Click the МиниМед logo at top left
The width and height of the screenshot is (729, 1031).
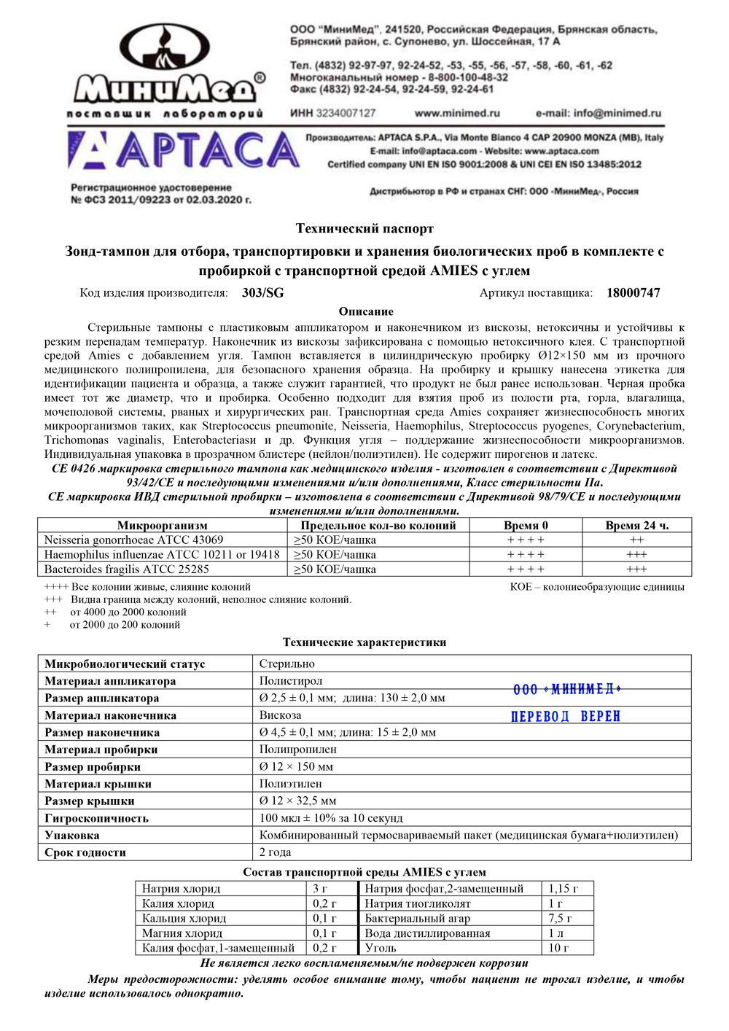point(166,69)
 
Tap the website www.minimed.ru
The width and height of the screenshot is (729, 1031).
point(457,113)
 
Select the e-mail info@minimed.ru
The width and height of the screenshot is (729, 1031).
point(599,113)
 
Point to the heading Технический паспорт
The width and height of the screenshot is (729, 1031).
point(364,228)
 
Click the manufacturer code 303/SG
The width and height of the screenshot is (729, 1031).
point(263,293)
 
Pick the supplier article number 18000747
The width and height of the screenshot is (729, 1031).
point(634,293)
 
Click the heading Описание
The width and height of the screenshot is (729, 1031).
point(366,311)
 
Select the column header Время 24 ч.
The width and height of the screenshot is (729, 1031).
point(636,525)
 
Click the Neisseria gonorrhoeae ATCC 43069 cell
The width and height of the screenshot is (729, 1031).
point(134,540)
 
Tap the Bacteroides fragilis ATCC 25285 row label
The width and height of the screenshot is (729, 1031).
point(127,569)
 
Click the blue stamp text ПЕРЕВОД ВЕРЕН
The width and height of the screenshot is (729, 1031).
point(566,717)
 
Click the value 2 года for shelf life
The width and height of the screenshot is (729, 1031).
point(275,852)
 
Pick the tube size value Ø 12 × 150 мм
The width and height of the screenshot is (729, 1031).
point(296,767)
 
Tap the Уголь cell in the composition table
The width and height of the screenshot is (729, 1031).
point(381,948)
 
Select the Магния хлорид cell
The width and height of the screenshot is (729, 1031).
point(182,933)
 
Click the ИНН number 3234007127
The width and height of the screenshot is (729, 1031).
point(345,113)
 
